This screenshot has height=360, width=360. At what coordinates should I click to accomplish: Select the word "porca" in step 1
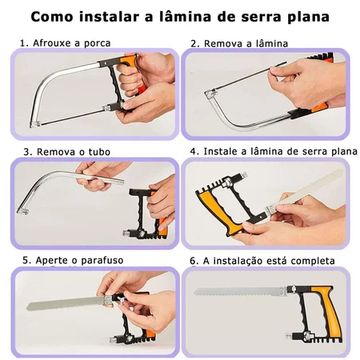[98, 44]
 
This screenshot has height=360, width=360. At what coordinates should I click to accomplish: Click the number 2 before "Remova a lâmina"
[194, 44]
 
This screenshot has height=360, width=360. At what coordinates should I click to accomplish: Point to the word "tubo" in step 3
[99, 152]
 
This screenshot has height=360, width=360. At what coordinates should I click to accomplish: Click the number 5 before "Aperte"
[26, 260]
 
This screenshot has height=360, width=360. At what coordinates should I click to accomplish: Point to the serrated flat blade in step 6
[239, 291]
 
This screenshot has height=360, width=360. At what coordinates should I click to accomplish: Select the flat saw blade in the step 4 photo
[304, 190]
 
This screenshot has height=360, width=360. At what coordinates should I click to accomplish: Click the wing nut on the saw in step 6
[293, 288]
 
